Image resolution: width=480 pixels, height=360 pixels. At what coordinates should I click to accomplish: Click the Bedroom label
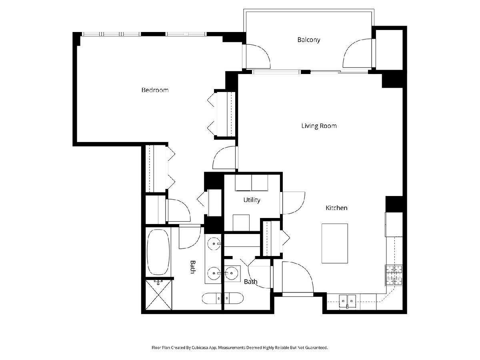click(x=155, y=90)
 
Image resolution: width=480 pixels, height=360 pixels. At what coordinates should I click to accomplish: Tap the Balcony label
click(x=308, y=40)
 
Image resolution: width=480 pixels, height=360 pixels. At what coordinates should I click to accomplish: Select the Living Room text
click(x=319, y=126)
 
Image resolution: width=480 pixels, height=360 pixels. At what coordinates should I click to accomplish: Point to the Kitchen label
click(x=336, y=208)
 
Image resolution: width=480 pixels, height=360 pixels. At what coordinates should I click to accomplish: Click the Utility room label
click(x=252, y=200)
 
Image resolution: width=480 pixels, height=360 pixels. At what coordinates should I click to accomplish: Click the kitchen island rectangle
click(x=334, y=243)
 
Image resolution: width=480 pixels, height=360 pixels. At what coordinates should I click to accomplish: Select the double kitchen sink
click(x=348, y=302)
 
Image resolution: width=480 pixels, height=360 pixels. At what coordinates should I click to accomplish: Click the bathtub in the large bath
click(x=158, y=252)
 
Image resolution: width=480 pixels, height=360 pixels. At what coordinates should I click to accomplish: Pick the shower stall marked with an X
click(x=158, y=294)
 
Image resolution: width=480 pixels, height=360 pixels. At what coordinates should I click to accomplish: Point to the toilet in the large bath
click(x=211, y=298)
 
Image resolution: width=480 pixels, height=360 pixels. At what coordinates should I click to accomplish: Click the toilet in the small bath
click(x=234, y=298)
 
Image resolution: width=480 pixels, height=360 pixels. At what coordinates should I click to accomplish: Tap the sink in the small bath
click(x=232, y=273)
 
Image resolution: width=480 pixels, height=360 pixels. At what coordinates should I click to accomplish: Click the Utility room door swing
click(x=294, y=203)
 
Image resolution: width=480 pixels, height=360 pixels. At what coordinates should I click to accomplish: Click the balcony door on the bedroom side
click(x=258, y=56)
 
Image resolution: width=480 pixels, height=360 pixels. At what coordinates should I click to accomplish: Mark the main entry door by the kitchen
click(x=298, y=277)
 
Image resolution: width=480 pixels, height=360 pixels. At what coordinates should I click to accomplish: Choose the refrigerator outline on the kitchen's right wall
click(x=394, y=224)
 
